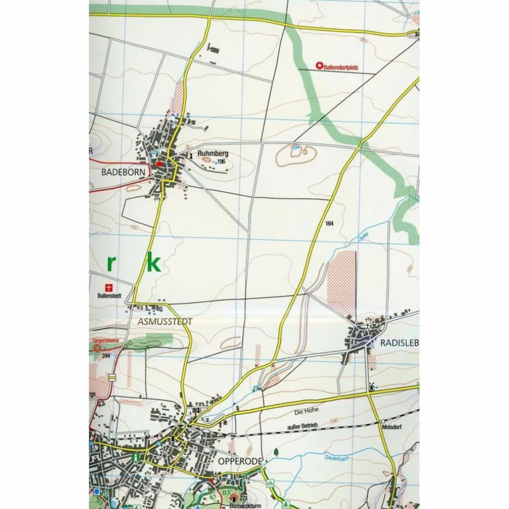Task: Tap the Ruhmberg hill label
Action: click(212, 154)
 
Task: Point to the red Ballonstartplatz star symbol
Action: click(319, 66)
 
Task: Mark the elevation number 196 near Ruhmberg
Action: click(221, 162)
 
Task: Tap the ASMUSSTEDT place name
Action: click(166, 321)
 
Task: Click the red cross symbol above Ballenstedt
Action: click(108, 288)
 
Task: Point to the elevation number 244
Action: click(106, 356)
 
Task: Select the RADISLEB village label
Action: click(399, 342)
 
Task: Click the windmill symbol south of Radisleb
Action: click(370, 386)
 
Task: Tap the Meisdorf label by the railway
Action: click(392, 428)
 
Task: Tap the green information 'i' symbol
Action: click(136, 457)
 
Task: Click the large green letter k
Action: click(152, 263)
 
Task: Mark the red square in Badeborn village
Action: click(159, 164)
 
